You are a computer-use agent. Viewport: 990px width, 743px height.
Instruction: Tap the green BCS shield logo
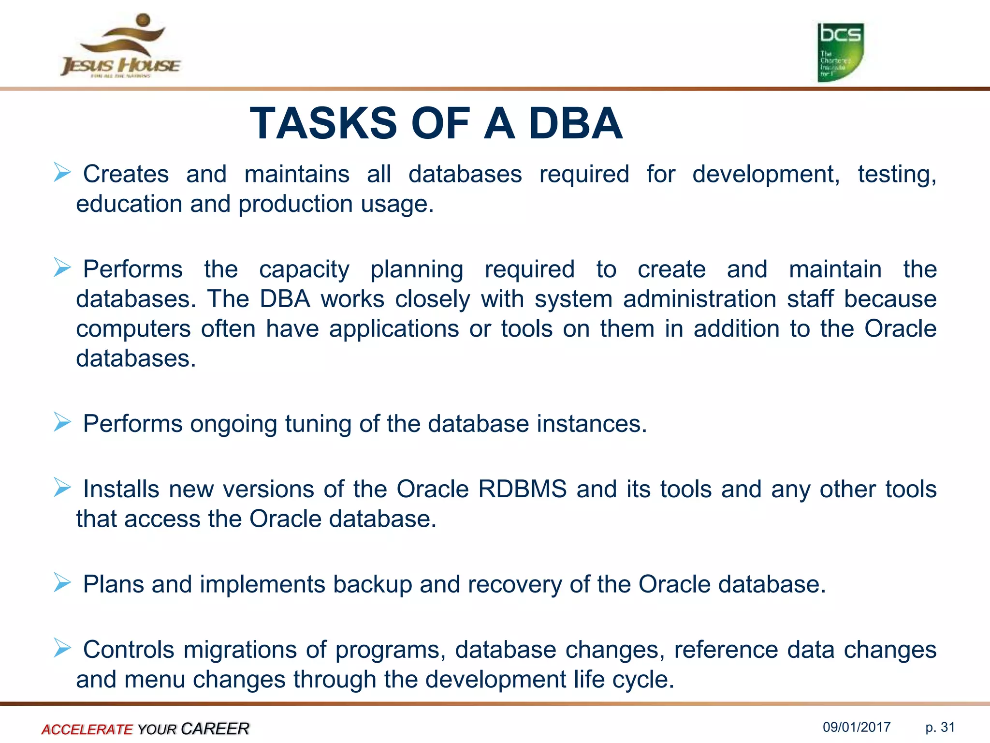click(840, 52)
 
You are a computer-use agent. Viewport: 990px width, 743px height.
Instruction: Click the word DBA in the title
click(575, 124)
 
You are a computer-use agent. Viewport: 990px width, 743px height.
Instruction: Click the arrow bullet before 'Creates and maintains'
click(62, 172)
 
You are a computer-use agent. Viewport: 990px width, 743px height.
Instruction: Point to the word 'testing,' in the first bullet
click(897, 175)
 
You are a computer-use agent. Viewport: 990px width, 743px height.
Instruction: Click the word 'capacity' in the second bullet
click(304, 270)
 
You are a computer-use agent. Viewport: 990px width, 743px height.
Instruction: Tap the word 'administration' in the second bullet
click(699, 299)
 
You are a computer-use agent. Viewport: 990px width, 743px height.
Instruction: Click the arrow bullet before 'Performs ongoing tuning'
click(62, 422)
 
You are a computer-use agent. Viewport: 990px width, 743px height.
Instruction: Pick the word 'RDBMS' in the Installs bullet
click(522, 489)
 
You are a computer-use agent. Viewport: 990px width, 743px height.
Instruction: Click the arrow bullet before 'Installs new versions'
click(62, 487)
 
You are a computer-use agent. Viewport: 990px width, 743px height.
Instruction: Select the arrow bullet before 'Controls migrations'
click(62, 648)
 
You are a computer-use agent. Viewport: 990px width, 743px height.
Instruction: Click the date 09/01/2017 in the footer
click(857, 727)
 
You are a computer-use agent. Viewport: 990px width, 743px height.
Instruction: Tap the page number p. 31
click(940, 727)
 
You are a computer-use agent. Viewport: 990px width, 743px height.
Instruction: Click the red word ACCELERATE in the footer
click(87, 729)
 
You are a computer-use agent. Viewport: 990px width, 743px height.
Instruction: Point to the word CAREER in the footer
click(215, 728)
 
